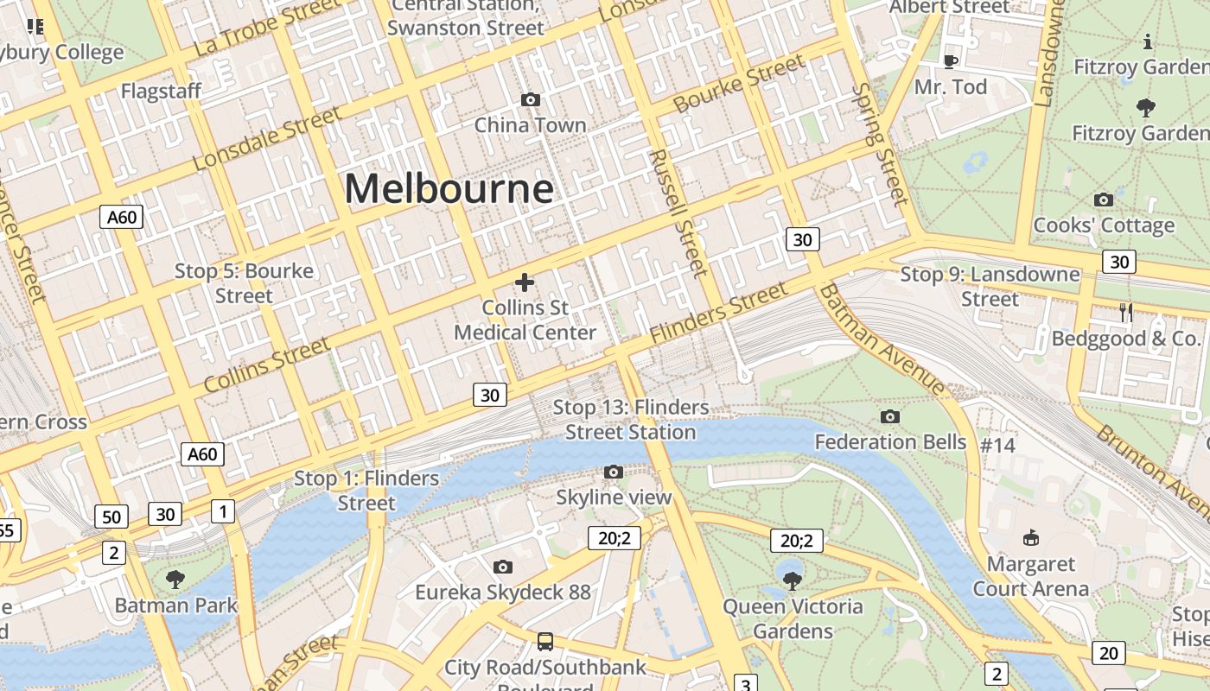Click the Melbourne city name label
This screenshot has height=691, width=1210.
449,188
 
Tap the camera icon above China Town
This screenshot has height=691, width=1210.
531,100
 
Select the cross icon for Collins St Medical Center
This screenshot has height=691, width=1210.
525,282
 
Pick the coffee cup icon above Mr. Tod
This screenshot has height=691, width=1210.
950,60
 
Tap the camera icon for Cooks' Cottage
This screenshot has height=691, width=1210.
1104,200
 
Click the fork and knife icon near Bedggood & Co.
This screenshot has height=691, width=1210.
1126,313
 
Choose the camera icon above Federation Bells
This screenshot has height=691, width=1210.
889,417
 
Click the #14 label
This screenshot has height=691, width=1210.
997,445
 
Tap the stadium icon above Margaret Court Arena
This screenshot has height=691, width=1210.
1030,538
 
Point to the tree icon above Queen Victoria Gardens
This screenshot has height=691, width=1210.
792,580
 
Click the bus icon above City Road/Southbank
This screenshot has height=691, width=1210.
544,642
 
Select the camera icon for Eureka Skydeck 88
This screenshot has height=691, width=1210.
503,567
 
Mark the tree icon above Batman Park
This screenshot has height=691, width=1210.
175,579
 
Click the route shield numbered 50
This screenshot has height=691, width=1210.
111,517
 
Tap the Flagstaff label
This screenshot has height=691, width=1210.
161,91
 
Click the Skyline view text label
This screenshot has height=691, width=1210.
613,498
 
